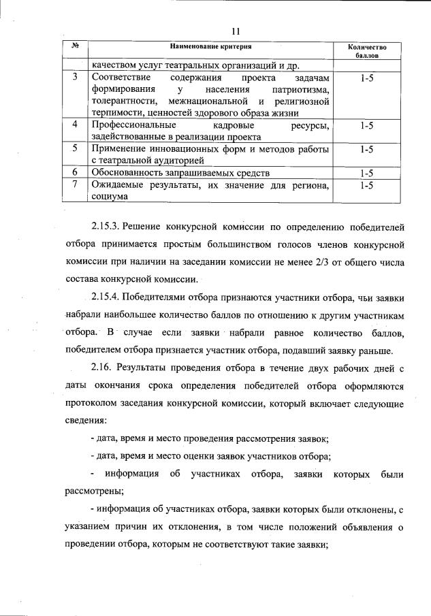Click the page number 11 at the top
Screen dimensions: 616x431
[236, 31]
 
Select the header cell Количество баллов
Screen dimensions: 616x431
[366, 51]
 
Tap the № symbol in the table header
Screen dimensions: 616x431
[76, 46]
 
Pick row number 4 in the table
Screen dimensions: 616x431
[75, 126]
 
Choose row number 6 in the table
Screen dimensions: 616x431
[75, 172]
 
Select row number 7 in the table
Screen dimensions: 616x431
[75, 184]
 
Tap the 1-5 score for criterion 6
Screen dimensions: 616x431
[366, 173]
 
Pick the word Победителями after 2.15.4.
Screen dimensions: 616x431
[161, 297]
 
